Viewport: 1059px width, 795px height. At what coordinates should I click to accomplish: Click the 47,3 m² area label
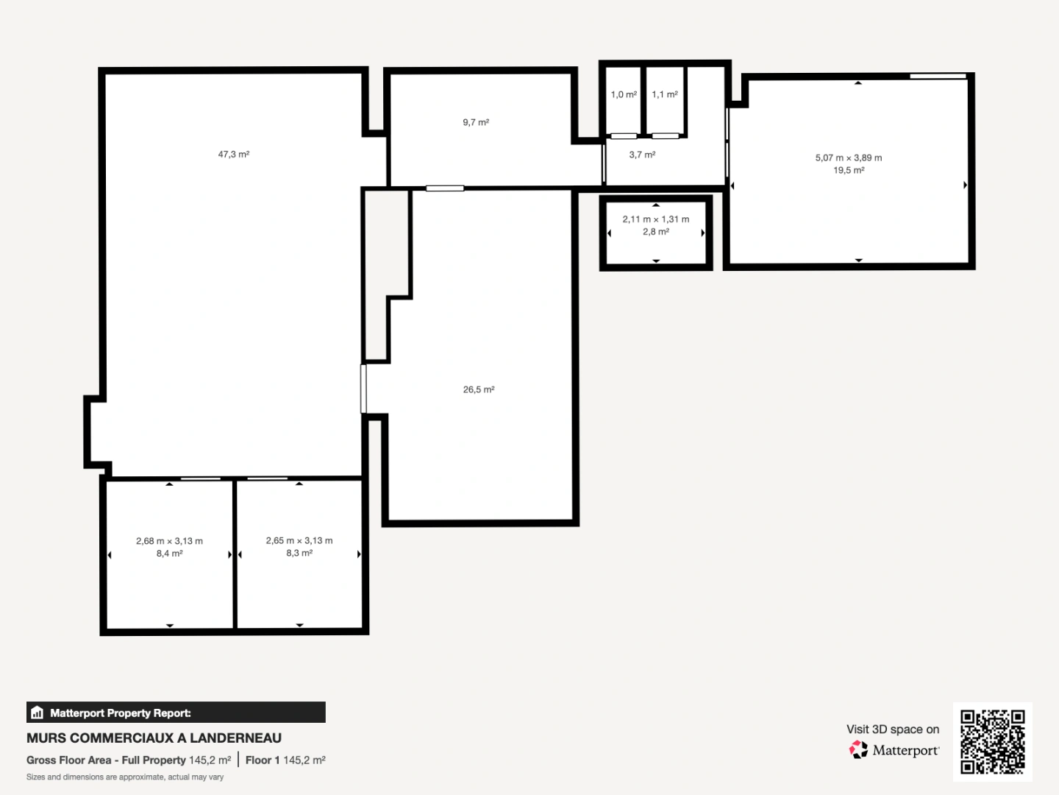[x=233, y=155]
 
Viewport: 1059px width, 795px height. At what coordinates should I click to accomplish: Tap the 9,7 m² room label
[x=476, y=122]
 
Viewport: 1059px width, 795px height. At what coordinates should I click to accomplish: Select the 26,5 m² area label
[x=478, y=389]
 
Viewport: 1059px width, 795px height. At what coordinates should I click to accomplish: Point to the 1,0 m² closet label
[x=624, y=94]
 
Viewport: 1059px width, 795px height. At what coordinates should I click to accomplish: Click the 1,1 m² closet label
[x=665, y=94]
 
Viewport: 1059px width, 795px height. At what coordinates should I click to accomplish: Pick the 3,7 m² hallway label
[x=642, y=155]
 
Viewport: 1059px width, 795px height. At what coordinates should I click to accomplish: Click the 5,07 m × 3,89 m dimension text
[x=848, y=158]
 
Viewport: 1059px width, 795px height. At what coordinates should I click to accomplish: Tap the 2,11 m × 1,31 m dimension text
[x=655, y=219]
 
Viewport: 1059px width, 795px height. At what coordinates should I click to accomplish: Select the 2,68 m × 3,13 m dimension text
[x=169, y=541]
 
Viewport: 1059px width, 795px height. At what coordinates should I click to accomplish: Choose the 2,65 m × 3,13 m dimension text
[x=299, y=541]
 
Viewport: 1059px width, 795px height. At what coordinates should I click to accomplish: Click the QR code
[x=993, y=741]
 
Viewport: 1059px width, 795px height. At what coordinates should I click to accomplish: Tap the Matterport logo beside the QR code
[x=894, y=750]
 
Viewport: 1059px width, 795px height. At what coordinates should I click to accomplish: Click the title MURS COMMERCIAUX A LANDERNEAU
[x=154, y=738]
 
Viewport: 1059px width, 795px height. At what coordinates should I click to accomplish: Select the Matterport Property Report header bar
[x=176, y=713]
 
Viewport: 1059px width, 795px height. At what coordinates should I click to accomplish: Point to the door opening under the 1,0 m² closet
[x=624, y=135]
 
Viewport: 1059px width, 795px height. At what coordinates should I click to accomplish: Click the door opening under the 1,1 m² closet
[x=666, y=135]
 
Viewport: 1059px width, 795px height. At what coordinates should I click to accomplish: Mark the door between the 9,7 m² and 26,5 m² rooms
[x=445, y=188]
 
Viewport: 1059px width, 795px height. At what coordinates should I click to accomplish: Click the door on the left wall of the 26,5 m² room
[x=363, y=388]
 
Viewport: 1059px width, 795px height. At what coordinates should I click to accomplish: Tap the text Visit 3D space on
[x=892, y=729]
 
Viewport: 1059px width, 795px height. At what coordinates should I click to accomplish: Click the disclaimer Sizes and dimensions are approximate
[x=125, y=777]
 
